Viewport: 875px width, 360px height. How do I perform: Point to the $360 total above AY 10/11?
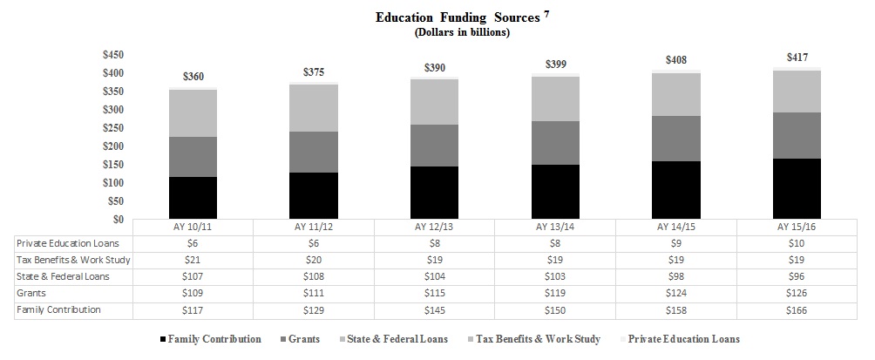point(193,78)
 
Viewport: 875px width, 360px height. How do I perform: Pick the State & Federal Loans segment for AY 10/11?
point(193,113)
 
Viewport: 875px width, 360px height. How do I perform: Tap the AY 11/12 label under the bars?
point(314,227)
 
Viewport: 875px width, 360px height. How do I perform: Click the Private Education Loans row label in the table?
point(68,243)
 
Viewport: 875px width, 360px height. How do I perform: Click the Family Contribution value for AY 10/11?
point(193,309)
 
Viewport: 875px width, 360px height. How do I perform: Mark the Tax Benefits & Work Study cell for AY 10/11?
point(193,260)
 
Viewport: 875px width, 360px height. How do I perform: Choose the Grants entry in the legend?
point(298,339)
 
